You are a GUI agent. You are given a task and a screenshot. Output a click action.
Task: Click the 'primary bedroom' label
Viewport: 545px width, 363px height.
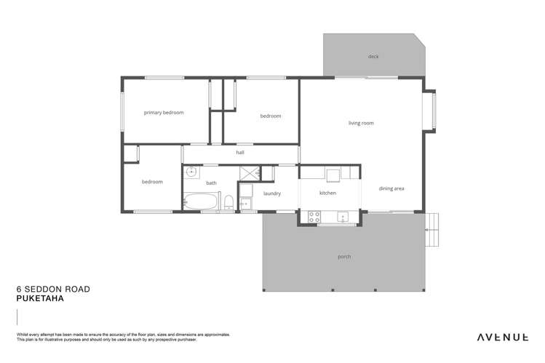pos(164,113)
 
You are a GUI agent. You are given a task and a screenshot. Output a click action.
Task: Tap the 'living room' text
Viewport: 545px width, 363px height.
pos(361,123)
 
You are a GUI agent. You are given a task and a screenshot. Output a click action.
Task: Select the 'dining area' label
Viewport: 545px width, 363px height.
pos(391,188)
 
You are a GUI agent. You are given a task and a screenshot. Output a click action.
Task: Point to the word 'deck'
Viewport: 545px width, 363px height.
pos(373,56)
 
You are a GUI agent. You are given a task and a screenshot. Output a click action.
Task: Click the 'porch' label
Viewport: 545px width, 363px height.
pos(345,257)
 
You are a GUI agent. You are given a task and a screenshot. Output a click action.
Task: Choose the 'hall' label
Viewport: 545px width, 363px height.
pos(240,153)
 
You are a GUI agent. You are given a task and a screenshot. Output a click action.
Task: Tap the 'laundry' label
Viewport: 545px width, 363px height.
pos(272,194)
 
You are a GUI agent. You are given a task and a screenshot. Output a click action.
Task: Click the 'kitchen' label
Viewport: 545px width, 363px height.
pos(327,194)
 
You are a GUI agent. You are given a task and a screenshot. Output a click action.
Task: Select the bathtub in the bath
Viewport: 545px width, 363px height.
pos(201,202)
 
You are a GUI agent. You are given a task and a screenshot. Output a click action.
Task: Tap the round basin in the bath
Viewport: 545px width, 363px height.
pos(191,172)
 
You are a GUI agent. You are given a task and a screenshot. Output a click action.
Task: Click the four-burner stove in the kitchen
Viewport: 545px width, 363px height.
pos(316,216)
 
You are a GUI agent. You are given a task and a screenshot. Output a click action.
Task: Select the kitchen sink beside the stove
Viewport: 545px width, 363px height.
pos(343,216)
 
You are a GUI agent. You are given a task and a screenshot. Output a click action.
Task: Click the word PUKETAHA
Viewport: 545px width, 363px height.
pos(41,298)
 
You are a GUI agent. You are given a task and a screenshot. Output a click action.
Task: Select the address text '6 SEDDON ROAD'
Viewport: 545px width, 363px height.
pos(53,289)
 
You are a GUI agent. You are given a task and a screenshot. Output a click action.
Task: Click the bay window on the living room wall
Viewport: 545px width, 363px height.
pos(431,111)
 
